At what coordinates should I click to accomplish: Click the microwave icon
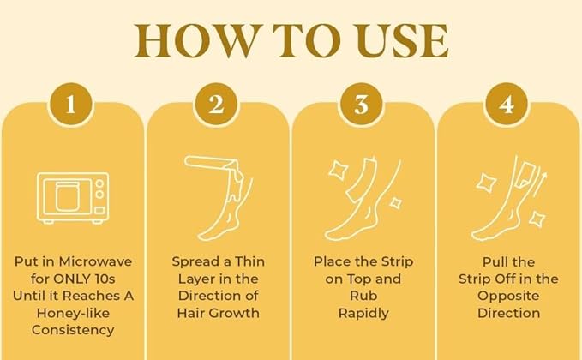coord(72,198)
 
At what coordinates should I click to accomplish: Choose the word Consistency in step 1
coord(72,330)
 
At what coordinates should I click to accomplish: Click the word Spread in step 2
coord(195,261)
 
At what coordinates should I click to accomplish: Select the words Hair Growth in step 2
coord(217,313)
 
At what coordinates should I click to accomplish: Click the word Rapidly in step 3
coord(363,313)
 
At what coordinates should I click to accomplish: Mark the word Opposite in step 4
coord(508,296)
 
